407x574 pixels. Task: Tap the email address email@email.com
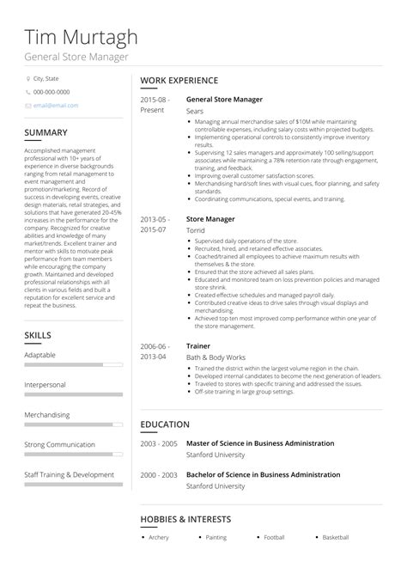click(x=56, y=106)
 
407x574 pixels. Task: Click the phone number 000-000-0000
click(x=52, y=92)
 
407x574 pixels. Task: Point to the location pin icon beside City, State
click(x=27, y=78)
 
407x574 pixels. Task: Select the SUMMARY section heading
click(x=46, y=132)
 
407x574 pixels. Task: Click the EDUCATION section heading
click(x=165, y=424)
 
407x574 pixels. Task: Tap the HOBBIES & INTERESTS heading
click(x=185, y=520)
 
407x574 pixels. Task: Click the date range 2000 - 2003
click(x=159, y=474)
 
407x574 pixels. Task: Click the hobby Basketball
click(x=335, y=538)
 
